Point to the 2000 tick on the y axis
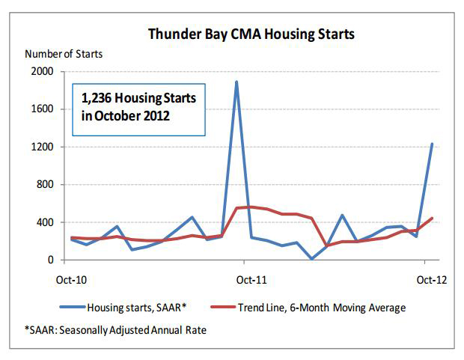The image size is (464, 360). [x=42, y=72]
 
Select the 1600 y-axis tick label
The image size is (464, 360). [x=42, y=109]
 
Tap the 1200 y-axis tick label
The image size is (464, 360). [x=42, y=147]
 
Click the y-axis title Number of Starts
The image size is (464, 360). [x=64, y=54]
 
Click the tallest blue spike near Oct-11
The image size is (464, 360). [x=236, y=82]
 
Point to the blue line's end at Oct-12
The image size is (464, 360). [x=433, y=144]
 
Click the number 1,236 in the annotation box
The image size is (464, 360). [x=97, y=98]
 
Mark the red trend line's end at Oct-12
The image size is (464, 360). [x=433, y=219]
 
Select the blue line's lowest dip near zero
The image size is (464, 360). [x=312, y=259]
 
